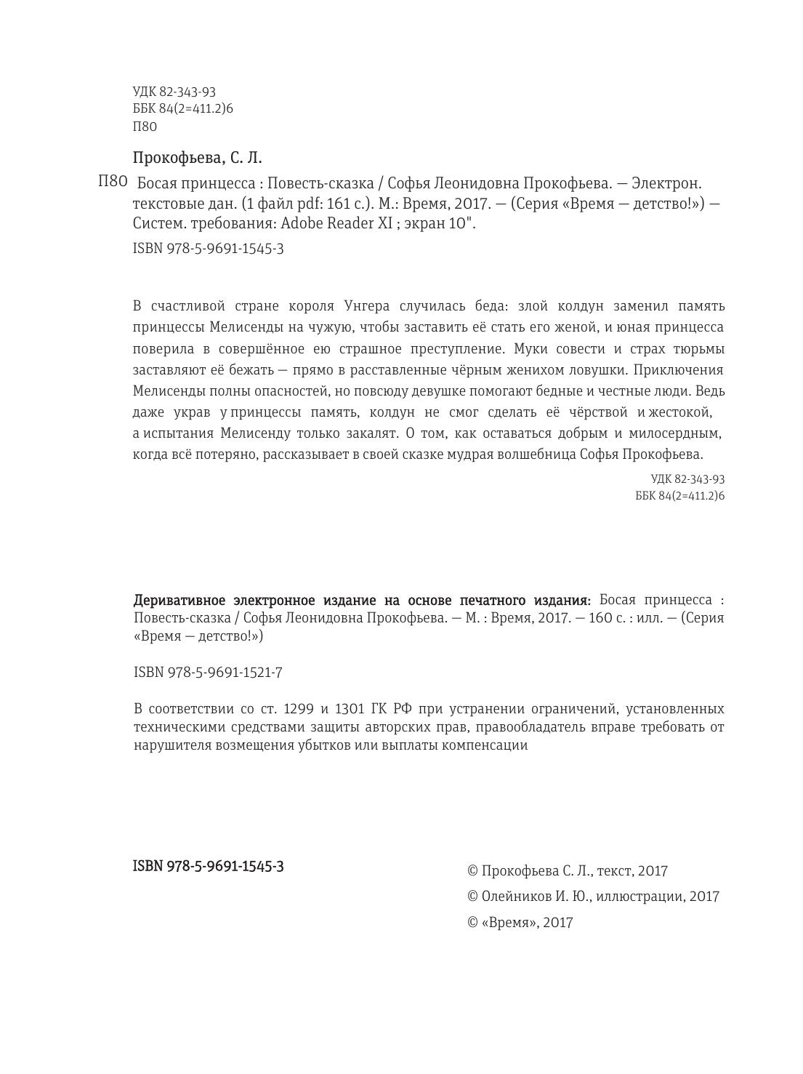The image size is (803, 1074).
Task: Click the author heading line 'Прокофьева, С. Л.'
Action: coord(197,158)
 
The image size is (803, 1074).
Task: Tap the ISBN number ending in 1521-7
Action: coord(209,673)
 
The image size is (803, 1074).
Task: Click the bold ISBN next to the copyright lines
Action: coord(209,866)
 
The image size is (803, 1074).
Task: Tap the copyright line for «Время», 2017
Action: coord(520,923)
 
